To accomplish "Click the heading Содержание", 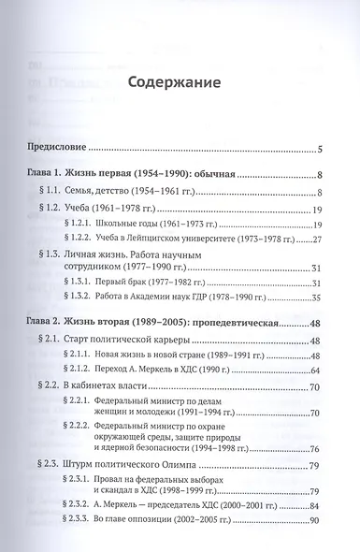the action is (179, 82).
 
